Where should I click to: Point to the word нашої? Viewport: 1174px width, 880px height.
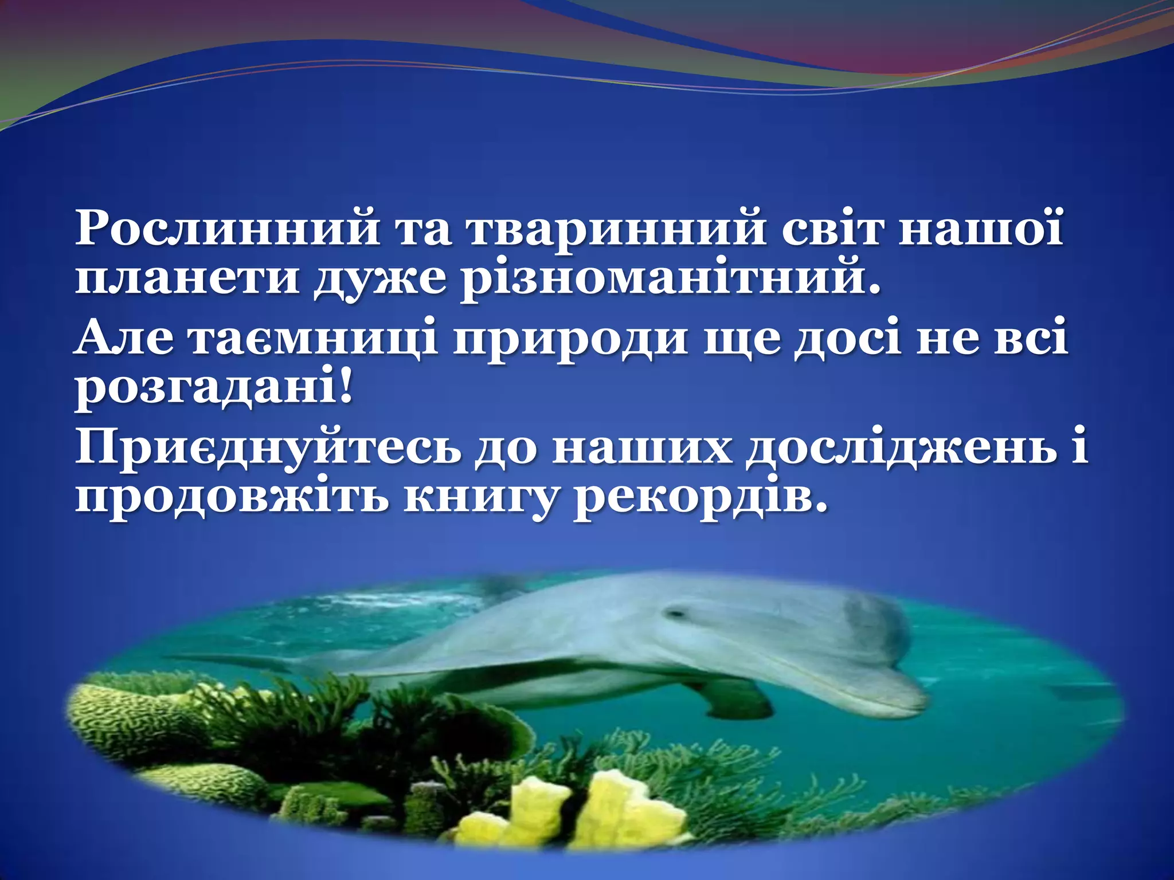pos(980,229)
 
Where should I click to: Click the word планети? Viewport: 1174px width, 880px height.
pos(187,280)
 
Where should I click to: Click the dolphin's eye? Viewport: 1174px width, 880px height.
pos(678,614)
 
